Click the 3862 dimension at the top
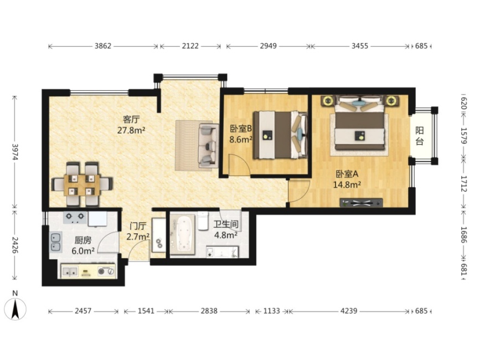point(103,46)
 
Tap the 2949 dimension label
point(268,46)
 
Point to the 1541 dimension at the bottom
point(146,311)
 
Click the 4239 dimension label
point(349,311)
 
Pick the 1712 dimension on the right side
point(463,184)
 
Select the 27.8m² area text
point(131,130)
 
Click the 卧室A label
point(347,174)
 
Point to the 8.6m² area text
point(241,140)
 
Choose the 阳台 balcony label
point(420,136)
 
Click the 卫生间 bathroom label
point(226,224)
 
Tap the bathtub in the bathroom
point(183,234)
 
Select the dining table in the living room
point(82,185)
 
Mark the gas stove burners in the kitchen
point(75,217)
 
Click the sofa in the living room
point(209,146)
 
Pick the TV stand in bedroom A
point(361,203)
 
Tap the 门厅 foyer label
point(138,227)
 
